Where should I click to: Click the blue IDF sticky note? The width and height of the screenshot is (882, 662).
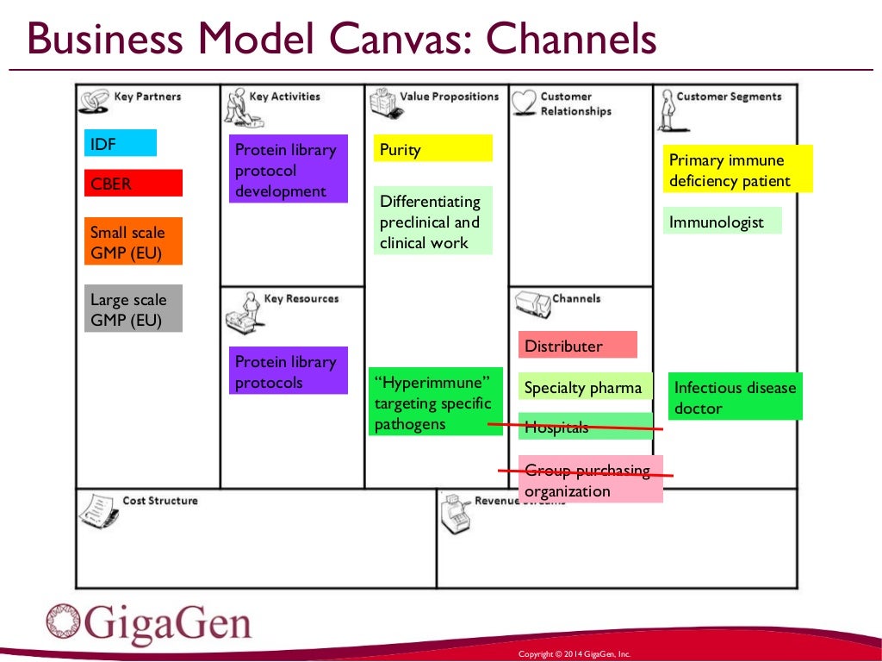[x=121, y=143]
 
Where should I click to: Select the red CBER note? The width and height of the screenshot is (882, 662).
[x=134, y=184]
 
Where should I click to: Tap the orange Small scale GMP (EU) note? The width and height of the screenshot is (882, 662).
[x=134, y=241]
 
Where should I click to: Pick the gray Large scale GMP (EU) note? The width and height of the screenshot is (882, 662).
[x=134, y=309]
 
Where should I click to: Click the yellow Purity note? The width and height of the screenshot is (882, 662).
[x=433, y=148]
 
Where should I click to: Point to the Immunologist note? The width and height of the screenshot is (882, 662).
[x=723, y=222]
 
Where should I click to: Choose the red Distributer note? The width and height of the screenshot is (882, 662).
[x=578, y=345]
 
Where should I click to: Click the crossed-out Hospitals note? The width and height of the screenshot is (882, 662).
[x=586, y=426]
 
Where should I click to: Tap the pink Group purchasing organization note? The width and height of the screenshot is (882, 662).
[x=591, y=480]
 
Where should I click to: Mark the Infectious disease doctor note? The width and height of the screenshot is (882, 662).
[x=735, y=397]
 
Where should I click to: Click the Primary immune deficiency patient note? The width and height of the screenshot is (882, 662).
[x=738, y=169]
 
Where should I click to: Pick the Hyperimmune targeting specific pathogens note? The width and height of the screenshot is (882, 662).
[x=435, y=403]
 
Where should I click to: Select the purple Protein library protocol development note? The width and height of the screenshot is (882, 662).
[x=289, y=169]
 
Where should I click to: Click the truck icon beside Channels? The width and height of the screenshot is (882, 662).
[x=532, y=304]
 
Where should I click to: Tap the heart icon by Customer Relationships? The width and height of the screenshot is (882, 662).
[x=524, y=103]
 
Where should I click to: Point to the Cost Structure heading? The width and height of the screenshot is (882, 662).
[x=160, y=500]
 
